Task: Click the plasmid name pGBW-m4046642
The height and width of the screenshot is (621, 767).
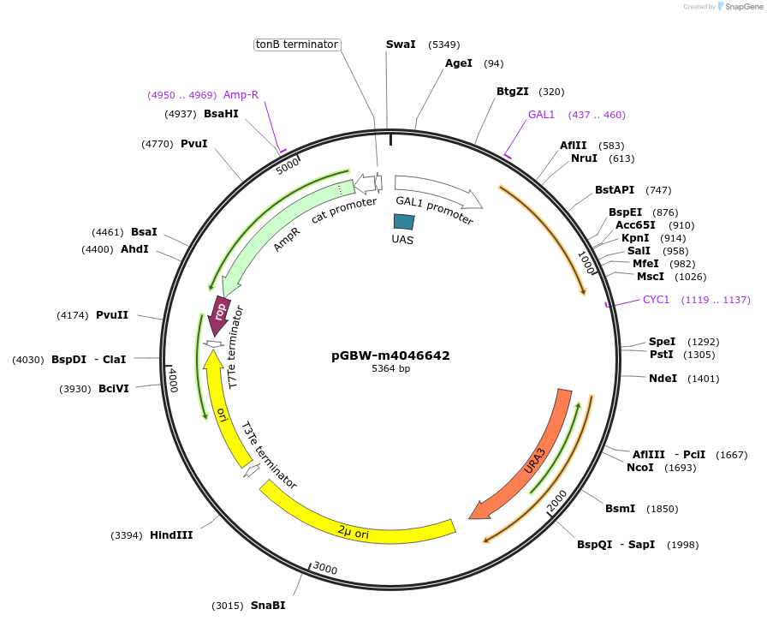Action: [x=390, y=355]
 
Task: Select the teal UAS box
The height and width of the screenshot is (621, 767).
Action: [x=403, y=221]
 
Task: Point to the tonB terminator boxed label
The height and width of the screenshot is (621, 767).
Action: [x=298, y=45]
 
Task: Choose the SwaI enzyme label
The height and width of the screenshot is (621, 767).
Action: [x=401, y=45]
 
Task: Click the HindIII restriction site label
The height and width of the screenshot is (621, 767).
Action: [x=171, y=535]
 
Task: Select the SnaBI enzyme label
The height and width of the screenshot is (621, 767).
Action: [x=268, y=606]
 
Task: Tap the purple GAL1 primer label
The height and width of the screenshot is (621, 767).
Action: [x=541, y=115]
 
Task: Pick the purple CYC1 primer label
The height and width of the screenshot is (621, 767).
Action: [x=656, y=300]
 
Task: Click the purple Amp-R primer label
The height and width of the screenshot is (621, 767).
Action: [x=241, y=95]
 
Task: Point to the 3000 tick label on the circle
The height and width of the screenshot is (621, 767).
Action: [x=325, y=569]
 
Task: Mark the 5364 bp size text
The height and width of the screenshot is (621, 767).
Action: [x=390, y=369]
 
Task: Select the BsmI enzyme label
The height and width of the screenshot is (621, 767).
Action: [x=620, y=509]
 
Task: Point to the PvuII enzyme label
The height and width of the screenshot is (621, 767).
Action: [x=112, y=315]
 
